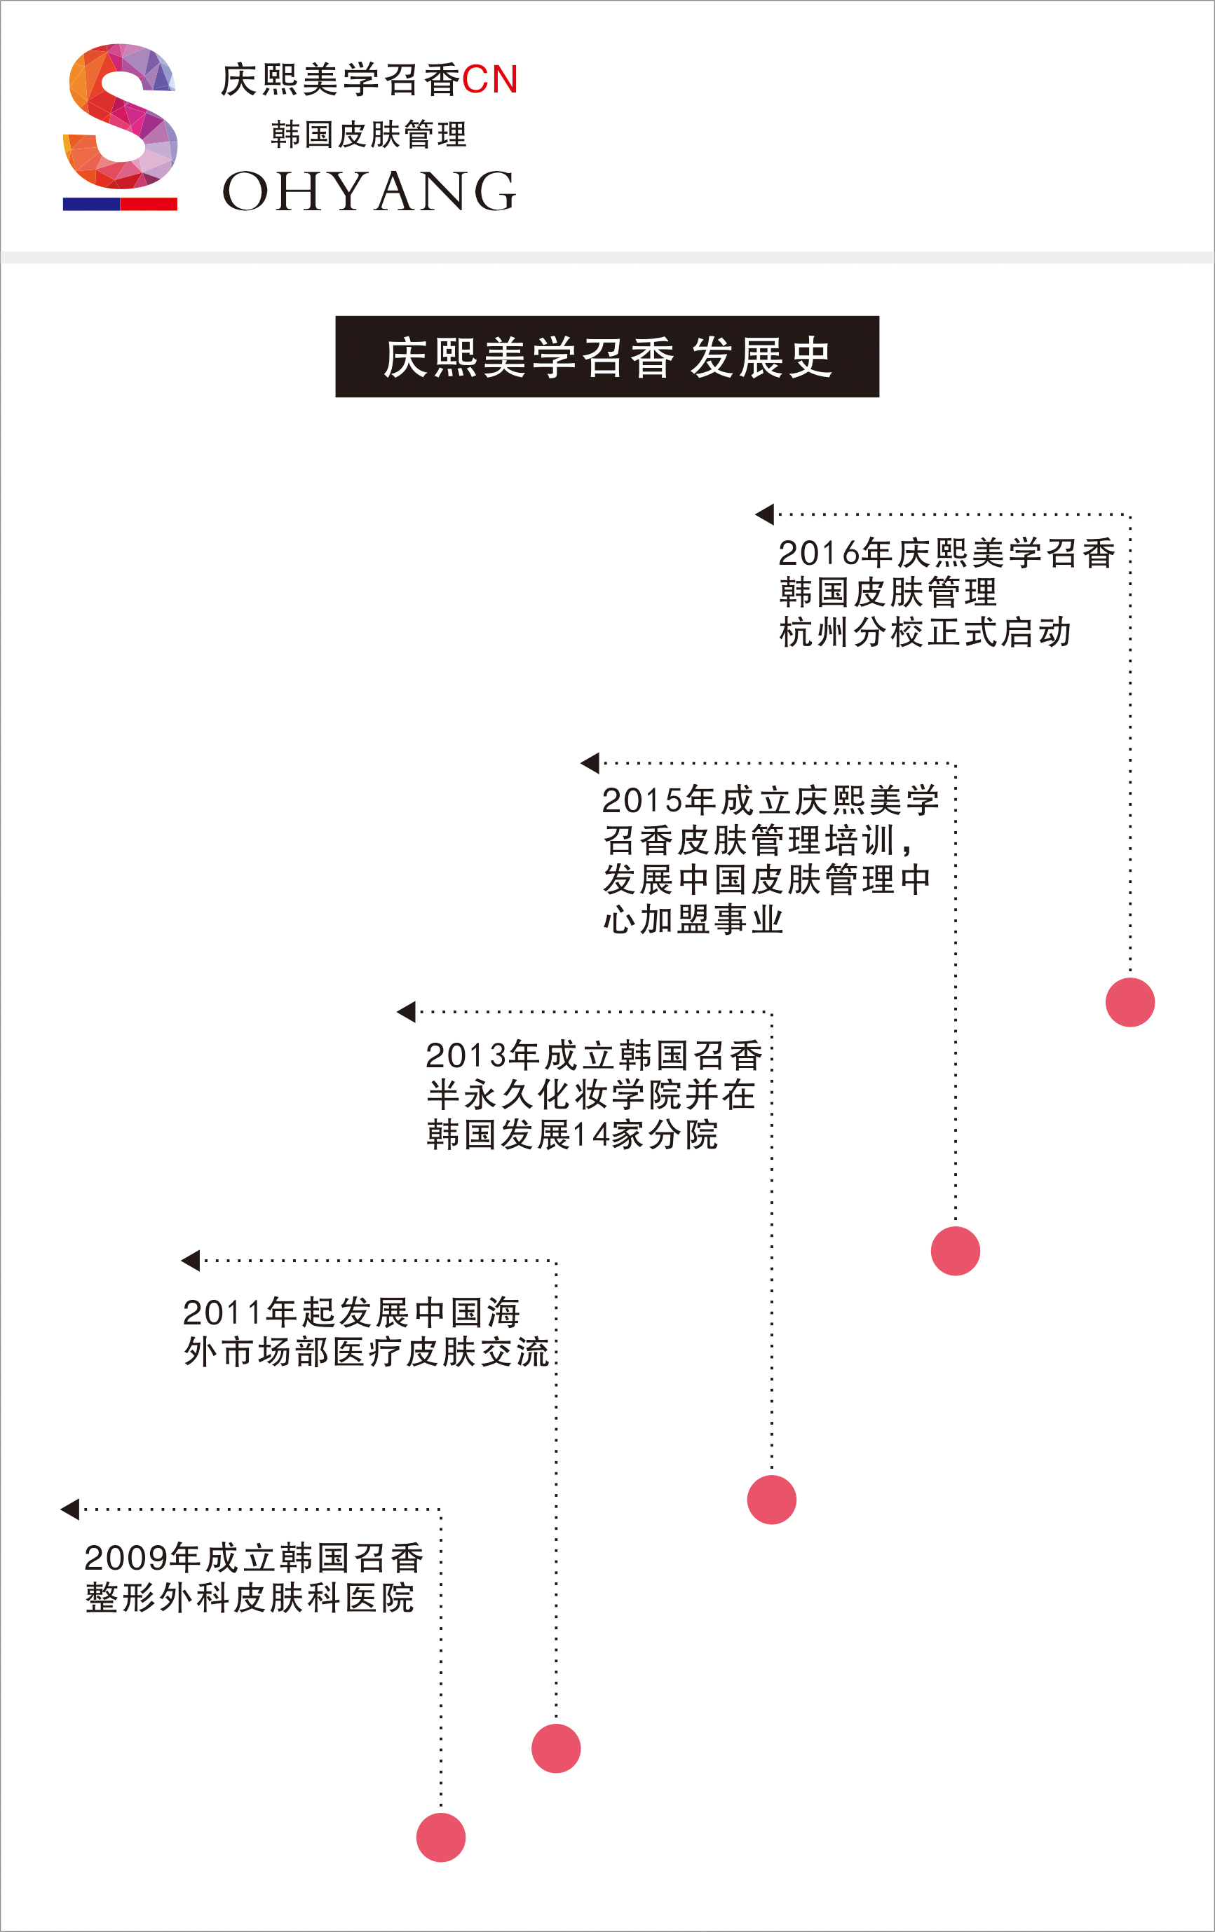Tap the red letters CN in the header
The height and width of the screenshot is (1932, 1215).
click(x=489, y=79)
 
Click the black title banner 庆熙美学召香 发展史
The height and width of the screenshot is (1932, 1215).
click(x=607, y=356)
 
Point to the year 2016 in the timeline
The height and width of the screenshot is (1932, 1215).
click(x=820, y=554)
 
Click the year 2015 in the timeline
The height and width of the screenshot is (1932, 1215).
click(x=643, y=801)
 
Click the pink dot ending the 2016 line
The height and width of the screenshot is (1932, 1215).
click(x=1130, y=1002)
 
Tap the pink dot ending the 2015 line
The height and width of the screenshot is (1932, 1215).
click(x=955, y=1251)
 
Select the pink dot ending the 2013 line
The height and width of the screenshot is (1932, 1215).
click(x=771, y=1500)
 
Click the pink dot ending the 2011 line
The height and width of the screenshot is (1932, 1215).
click(x=555, y=1748)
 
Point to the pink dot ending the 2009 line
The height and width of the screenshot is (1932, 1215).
click(x=440, y=1837)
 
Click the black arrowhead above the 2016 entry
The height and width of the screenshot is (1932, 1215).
click(x=765, y=514)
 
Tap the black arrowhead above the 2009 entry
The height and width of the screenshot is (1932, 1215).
click(x=70, y=1509)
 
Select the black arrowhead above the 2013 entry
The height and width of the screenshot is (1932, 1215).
click(x=406, y=1012)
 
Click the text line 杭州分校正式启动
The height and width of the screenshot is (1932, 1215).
click(x=925, y=632)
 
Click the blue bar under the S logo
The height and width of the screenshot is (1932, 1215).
click(x=91, y=204)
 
